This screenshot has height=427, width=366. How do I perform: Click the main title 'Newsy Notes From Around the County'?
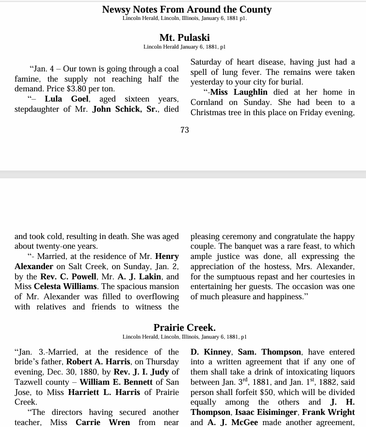187,9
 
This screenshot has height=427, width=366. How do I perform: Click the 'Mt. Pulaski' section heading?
184,37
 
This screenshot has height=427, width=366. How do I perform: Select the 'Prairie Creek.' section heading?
184,327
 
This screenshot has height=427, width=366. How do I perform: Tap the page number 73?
184,130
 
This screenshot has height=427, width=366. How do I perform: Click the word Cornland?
207,102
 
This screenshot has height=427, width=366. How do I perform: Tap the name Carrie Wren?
103,423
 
